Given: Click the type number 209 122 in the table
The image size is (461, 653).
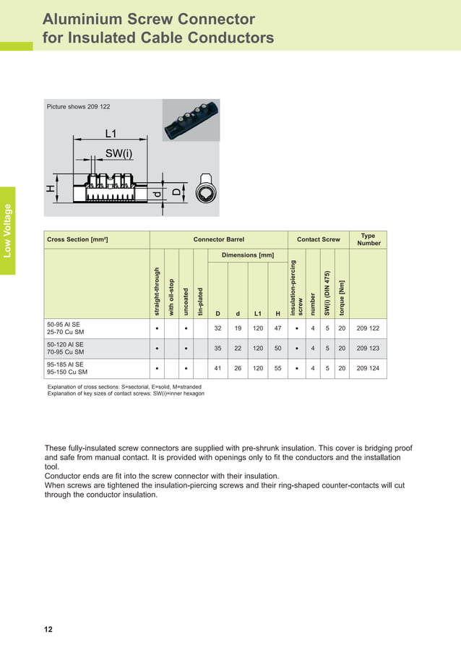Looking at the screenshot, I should [x=368, y=328].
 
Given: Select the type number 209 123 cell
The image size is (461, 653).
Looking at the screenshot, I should [x=368, y=348].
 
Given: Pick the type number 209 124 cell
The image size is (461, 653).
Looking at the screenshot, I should [x=368, y=368].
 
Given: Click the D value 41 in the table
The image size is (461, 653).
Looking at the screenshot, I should [x=217, y=368].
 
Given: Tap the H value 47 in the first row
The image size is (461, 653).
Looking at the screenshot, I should [x=277, y=328].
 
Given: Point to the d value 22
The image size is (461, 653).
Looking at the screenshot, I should [x=238, y=348].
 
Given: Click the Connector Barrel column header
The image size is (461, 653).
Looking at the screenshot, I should [x=218, y=239].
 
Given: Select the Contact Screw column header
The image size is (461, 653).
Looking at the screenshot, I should [x=318, y=239].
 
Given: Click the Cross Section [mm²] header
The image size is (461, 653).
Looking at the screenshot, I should [x=77, y=239].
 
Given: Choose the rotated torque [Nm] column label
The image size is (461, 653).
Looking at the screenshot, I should [x=342, y=296].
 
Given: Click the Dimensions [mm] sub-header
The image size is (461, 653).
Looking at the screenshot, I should [x=247, y=255].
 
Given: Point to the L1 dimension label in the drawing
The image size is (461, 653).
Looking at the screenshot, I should [x=111, y=134].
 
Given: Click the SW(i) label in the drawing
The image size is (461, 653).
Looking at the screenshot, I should [x=119, y=153].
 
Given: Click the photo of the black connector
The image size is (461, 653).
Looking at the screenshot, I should [x=191, y=120].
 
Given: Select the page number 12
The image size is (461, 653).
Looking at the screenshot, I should [x=48, y=630].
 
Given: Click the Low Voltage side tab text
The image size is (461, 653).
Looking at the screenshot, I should [x=7, y=231].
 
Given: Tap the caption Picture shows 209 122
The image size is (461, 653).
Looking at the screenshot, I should [x=78, y=107].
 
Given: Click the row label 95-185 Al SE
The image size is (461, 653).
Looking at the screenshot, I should [x=65, y=364].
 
